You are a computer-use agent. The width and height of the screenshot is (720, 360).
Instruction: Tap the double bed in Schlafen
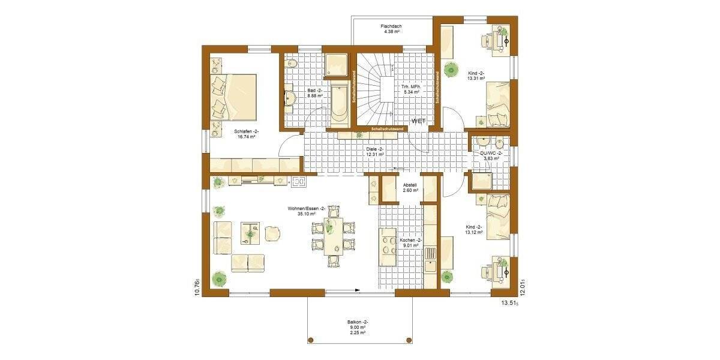[233, 96]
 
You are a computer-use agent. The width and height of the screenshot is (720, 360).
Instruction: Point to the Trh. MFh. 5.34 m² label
[412, 89]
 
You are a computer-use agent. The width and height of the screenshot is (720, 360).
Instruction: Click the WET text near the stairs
[418, 121]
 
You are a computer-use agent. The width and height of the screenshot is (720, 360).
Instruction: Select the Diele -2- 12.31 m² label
[374, 151]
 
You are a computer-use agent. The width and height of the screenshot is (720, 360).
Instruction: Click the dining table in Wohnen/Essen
[334, 235]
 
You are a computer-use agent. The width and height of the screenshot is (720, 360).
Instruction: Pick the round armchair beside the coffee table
[272, 233]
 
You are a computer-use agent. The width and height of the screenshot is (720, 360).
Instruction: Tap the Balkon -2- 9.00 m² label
[358, 328]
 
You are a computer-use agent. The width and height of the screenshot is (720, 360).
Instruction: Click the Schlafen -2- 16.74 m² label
[246, 133]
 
